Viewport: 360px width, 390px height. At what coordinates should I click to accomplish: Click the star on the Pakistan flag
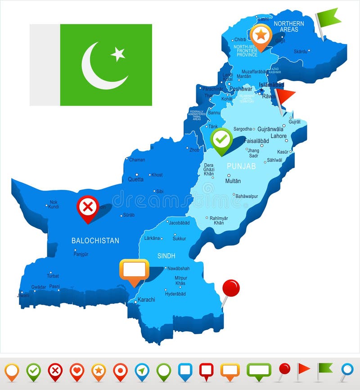coord(118,54)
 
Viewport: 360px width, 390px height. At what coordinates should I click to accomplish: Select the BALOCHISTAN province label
coord(95,241)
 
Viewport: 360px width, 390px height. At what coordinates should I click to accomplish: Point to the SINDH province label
coord(166,256)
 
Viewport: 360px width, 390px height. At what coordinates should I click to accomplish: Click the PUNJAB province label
coord(241,166)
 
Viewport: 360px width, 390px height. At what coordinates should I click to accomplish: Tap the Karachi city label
coord(147,300)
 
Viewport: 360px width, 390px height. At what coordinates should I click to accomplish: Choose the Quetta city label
coord(135,179)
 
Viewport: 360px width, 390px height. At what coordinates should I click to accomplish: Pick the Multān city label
coord(233,181)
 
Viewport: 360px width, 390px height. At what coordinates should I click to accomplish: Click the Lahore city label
coord(279,136)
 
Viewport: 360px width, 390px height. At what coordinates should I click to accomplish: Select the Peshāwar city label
coord(241,89)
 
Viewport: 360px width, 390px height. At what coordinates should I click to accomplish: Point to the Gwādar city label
coord(39,287)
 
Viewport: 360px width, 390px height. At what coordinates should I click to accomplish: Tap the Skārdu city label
coord(300,52)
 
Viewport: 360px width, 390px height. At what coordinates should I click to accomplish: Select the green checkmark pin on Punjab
coord(222,139)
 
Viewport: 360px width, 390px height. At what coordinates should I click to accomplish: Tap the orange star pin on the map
coord(261,35)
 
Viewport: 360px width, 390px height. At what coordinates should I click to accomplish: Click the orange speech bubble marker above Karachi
coord(134,270)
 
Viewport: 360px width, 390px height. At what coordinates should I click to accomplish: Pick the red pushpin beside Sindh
coord(231,288)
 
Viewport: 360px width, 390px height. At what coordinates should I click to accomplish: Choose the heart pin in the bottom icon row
coord(77,371)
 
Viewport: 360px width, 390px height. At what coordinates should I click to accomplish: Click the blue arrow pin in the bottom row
coord(142,371)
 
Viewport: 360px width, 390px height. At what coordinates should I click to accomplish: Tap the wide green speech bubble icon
coord(259,370)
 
